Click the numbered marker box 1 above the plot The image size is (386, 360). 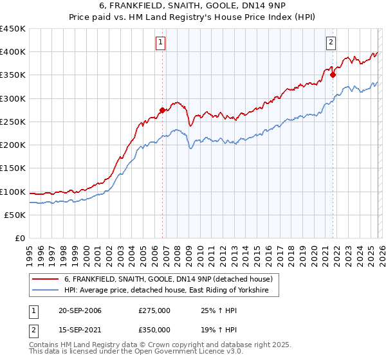tap(160, 43)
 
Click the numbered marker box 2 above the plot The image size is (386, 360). tap(331, 43)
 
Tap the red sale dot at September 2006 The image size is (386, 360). tap(162, 111)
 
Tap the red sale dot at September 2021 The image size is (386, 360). tap(333, 75)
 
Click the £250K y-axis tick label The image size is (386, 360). tap(13, 122)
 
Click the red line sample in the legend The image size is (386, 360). tap(46, 279)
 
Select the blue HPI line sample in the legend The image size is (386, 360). tap(46, 291)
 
